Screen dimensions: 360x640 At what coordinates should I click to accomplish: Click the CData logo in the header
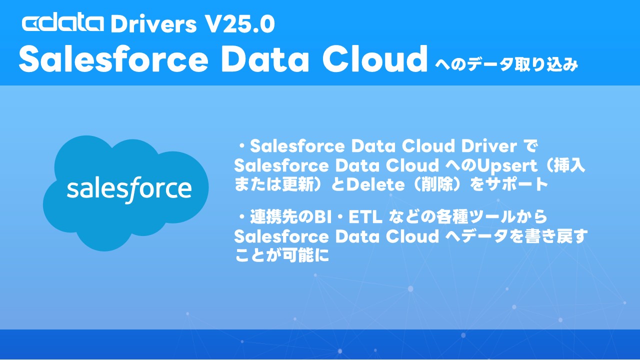pyautogui.click(x=63, y=23)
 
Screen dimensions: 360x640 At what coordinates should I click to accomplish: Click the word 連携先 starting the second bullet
pyautogui.click(x=274, y=217)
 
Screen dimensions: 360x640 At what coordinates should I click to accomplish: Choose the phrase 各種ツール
pyautogui.click(x=478, y=217)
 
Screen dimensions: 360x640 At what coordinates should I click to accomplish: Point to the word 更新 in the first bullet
pyautogui.click(x=293, y=184)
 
